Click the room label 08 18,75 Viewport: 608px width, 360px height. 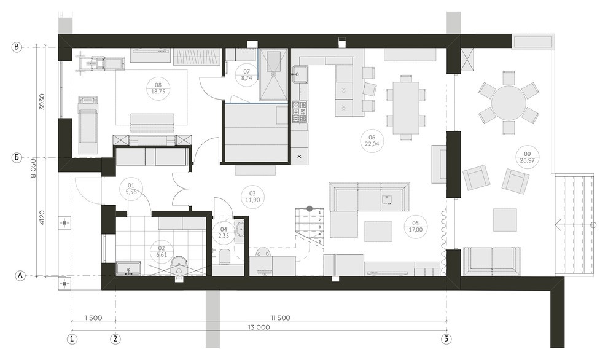pyautogui.click(x=158, y=88)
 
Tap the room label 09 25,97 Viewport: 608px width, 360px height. pyautogui.click(x=528, y=156)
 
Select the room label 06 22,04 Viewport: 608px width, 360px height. pyautogui.click(x=372, y=141)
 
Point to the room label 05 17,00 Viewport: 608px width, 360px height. pyautogui.click(x=415, y=226)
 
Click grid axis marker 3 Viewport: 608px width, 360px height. pyautogui.click(x=446, y=338)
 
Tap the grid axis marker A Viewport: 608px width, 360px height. pyautogui.click(x=20, y=276)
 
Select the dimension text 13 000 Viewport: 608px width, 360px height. pyautogui.click(x=259, y=327)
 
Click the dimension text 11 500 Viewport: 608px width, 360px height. pyautogui.click(x=280, y=318)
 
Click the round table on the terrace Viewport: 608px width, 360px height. pyautogui.click(x=509, y=103)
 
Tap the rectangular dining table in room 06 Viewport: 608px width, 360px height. pyautogui.click(x=405, y=108)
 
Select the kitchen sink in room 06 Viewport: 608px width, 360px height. pyautogui.click(x=300, y=74)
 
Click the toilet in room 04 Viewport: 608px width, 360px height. pyautogui.click(x=225, y=256)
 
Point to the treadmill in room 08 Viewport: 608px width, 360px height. pyautogui.click(x=88, y=125)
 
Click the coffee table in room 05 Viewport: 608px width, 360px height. pyautogui.click(x=378, y=231)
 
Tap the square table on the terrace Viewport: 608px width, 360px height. pyautogui.click(x=505, y=220)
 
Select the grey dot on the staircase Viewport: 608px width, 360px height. pyautogui.click(x=310, y=208)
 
